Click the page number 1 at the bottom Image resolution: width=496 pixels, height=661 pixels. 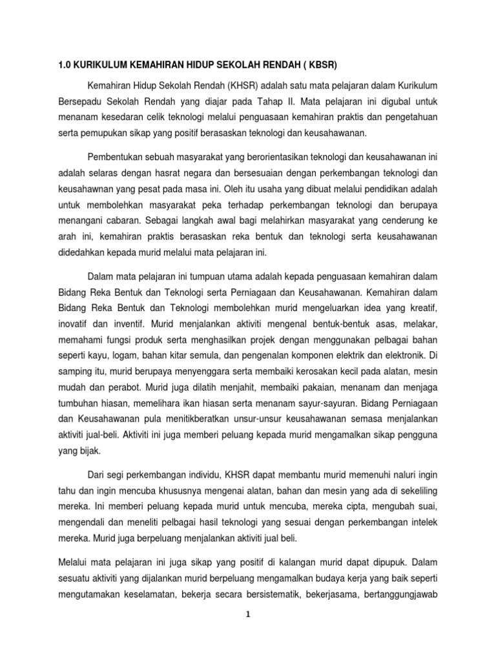tap(248, 632)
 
